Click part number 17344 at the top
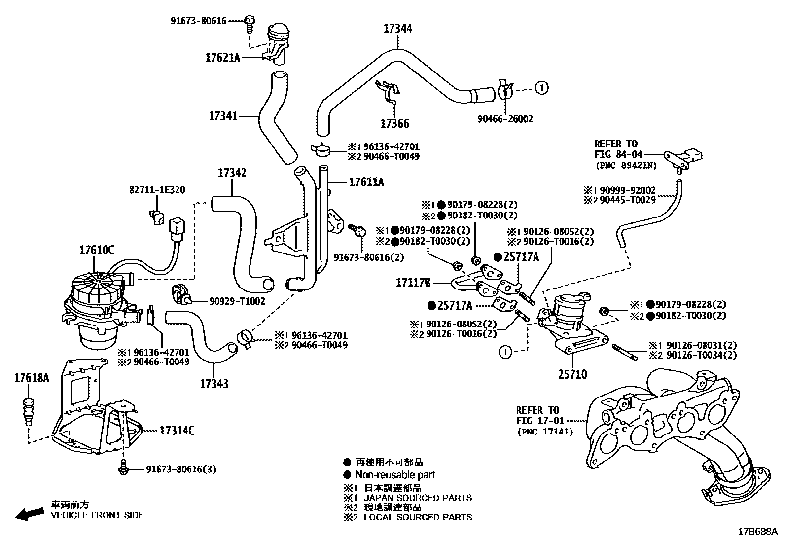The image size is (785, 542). coord(398,29)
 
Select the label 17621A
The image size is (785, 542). coord(222,58)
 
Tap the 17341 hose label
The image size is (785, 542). coord(223,116)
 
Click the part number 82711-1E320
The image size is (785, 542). coord(157,190)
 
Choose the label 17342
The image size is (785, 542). coord(232,173)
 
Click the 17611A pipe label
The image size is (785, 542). coord(366,182)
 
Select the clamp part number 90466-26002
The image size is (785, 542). coord(505,119)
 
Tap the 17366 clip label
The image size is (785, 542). coord(394,123)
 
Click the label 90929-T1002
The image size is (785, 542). coord(237,301)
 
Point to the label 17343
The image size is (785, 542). coord(214,383)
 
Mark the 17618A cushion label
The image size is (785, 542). coord(32,378)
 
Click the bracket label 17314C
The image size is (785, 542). coord(177,431)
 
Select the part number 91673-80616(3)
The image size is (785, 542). coord(180,469)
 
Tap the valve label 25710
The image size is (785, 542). coord(572,375)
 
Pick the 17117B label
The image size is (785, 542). coord(413,283)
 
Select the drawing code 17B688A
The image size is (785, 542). coord(757,532)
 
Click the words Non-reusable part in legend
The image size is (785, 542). coord(395,475)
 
